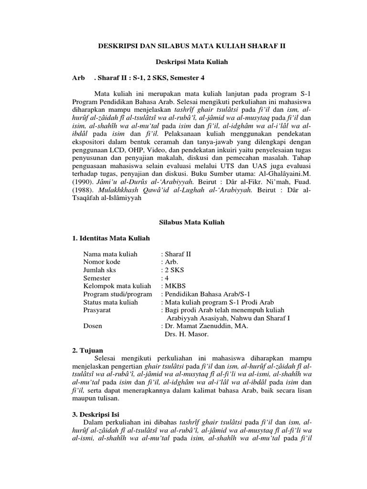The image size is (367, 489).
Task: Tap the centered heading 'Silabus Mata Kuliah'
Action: (191, 222)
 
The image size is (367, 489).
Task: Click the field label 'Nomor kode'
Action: (102, 262)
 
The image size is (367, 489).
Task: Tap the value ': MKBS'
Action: (173, 286)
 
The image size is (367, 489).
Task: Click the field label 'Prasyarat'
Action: (97, 310)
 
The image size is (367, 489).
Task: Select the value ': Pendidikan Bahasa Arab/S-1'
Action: (205, 294)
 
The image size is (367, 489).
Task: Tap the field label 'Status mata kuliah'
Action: (110, 302)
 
